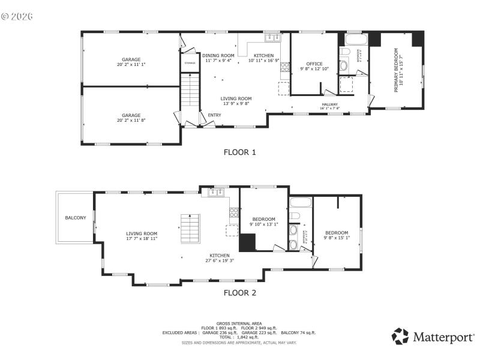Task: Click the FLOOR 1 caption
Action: [239, 152]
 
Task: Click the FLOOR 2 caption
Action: [239, 293]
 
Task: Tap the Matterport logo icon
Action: [400, 337]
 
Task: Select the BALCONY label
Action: [76, 217]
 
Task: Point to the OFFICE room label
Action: [314, 64]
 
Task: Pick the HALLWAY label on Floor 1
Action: [329, 104]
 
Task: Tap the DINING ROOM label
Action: [218, 55]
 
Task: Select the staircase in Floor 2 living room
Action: [190, 229]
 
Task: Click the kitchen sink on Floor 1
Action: [273, 37]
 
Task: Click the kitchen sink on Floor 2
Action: [216, 193]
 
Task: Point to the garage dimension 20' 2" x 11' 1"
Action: [131, 64]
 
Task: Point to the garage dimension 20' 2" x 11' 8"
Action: [131, 120]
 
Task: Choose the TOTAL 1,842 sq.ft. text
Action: [239, 337]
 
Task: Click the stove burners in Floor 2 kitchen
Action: [233, 212]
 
